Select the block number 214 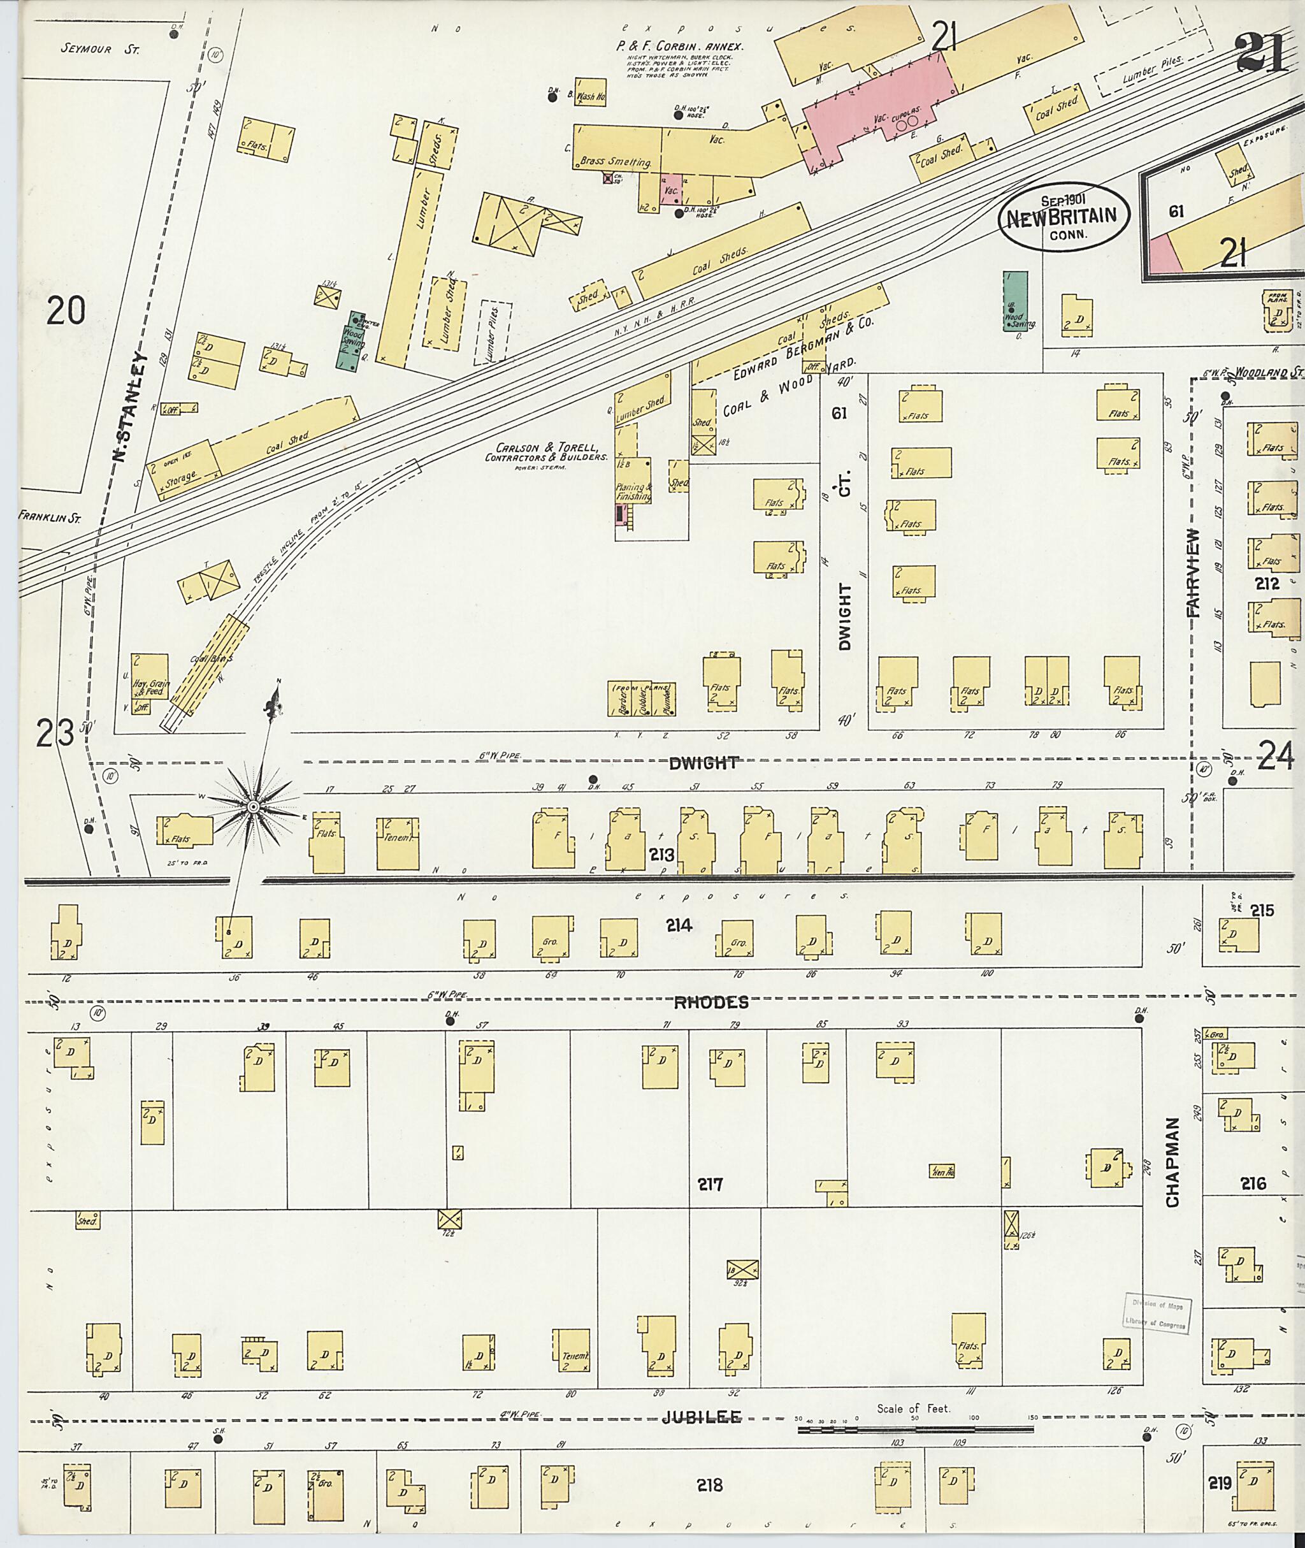[x=679, y=924]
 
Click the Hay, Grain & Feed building [x=150, y=684]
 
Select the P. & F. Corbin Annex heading [x=680, y=46]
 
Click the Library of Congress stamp [x=1155, y=1313]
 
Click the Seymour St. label [x=100, y=50]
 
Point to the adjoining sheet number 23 [x=55, y=734]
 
